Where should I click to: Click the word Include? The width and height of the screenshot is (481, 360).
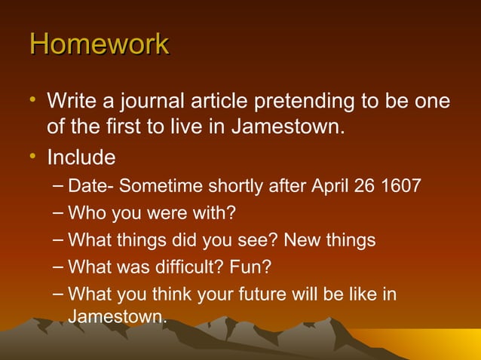tap(81, 158)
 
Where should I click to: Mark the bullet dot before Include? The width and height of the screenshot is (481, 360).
tap(32, 158)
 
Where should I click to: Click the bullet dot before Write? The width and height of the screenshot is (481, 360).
tap(32, 101)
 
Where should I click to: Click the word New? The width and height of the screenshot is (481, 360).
tap(296, 240)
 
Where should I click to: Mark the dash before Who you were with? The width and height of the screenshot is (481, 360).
tap(60, 213)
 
